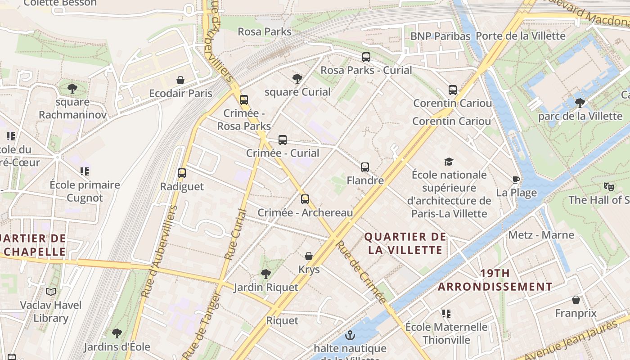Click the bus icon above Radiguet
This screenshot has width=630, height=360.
point(182,173)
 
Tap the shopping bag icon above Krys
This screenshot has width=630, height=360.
point(309,256)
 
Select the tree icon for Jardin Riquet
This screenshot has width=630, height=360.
point(266,274)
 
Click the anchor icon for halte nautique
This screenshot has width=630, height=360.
point(350,335)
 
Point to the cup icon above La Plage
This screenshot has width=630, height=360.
point(516,180)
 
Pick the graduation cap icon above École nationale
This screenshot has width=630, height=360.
point(449,162)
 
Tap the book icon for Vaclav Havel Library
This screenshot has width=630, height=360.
point(51,292)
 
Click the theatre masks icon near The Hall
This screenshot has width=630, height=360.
point(609,186)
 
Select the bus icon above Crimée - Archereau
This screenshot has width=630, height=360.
point(305,199)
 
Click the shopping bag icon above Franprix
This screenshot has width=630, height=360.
point(576,300)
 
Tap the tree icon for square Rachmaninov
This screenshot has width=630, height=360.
point(72,89)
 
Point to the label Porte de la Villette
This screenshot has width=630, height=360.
point(520,36)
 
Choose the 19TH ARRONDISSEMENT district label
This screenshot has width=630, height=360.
point(495,280)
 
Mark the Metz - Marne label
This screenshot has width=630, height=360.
point(541,235)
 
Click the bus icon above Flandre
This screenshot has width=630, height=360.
point(365,167)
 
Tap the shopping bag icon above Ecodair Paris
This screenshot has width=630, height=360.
point(180,81)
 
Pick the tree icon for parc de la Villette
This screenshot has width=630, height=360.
point(580,103)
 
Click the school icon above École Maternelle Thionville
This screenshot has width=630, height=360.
point(446,313)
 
